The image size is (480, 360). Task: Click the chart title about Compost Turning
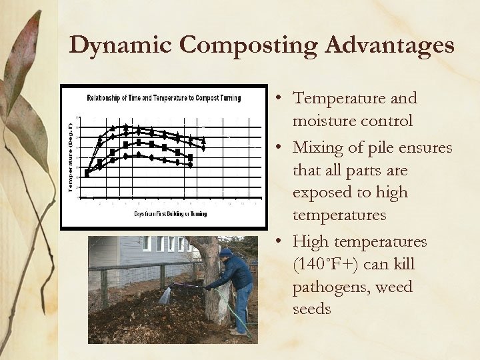tap(163, 98)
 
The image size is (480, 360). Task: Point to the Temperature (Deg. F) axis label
tap(71, 155)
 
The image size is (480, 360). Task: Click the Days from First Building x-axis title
tap(170, 214)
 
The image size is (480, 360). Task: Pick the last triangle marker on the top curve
tap(204, 140)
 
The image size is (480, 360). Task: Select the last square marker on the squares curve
tap(191, 157)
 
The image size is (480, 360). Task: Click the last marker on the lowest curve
tap(191, 165)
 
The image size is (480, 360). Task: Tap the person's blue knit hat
tap(225, 253)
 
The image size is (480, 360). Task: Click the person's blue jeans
tap(244, 303)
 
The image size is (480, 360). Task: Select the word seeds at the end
tap(312, 310)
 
